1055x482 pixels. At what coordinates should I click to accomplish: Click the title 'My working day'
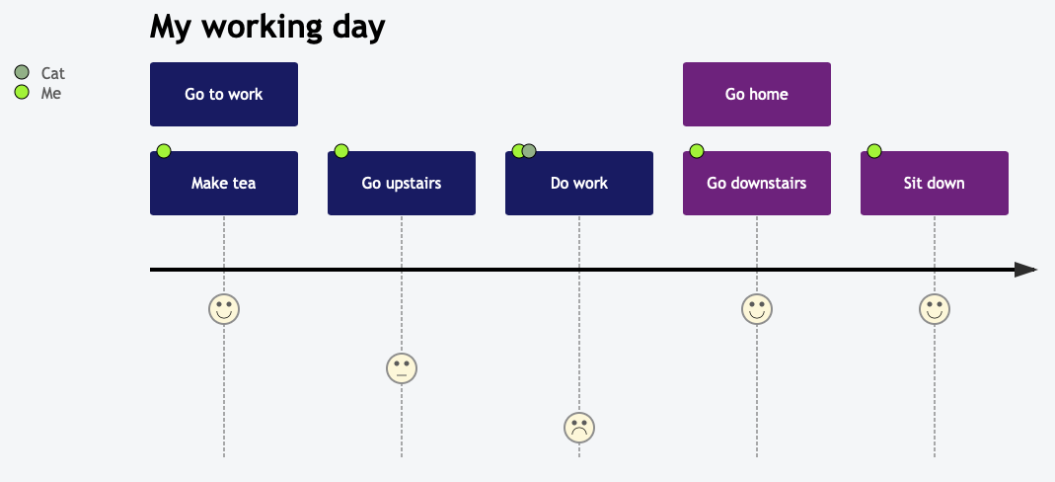266,28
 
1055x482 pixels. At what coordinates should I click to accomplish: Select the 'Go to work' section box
224,95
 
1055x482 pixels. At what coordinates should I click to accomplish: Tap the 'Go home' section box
757,95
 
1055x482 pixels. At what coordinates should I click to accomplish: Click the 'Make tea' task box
224,184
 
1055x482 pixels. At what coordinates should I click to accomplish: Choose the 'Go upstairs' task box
402,184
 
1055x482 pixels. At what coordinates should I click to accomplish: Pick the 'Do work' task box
579,184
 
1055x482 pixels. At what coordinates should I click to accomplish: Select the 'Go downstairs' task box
757,184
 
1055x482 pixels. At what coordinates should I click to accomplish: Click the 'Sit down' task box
935,184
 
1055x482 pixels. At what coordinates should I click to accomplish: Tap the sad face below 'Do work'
579,428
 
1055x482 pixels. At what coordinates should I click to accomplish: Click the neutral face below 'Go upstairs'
402,368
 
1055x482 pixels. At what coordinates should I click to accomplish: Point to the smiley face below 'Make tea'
224,309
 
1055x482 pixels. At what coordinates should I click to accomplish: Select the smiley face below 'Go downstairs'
757,309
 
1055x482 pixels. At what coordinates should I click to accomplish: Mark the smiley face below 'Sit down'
935,309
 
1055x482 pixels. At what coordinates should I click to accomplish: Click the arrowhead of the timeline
1026,270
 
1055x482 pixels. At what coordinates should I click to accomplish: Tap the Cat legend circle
22,72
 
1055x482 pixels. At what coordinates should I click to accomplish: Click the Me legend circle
22,93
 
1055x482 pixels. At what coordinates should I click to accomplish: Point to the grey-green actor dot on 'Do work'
530,151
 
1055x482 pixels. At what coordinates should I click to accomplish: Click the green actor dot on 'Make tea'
164,151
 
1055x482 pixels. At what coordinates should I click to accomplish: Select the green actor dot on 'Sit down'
874,151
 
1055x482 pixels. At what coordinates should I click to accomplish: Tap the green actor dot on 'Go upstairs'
341,151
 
